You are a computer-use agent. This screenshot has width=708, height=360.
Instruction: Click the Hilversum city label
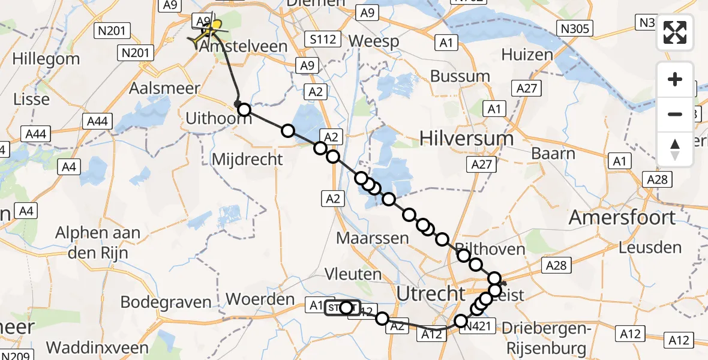(x=466, y=139)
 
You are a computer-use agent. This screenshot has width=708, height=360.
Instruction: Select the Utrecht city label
(x=431, y=293)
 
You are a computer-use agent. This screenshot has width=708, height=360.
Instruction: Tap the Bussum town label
(x=460, y=76)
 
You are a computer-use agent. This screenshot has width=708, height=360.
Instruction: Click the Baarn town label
(x=553, y=153)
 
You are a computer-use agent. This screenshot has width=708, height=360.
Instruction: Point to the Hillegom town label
(x=46, y=59)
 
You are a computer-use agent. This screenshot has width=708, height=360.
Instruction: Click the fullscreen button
(x=675, y=32)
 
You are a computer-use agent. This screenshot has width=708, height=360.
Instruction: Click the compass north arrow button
(x=675, y=149)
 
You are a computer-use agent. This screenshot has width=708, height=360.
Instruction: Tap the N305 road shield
(x=575, y=28)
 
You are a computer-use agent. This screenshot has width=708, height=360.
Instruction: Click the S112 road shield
(x=325, y=40)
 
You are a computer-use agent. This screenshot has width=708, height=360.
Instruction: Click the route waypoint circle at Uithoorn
(x=244, y=109)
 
